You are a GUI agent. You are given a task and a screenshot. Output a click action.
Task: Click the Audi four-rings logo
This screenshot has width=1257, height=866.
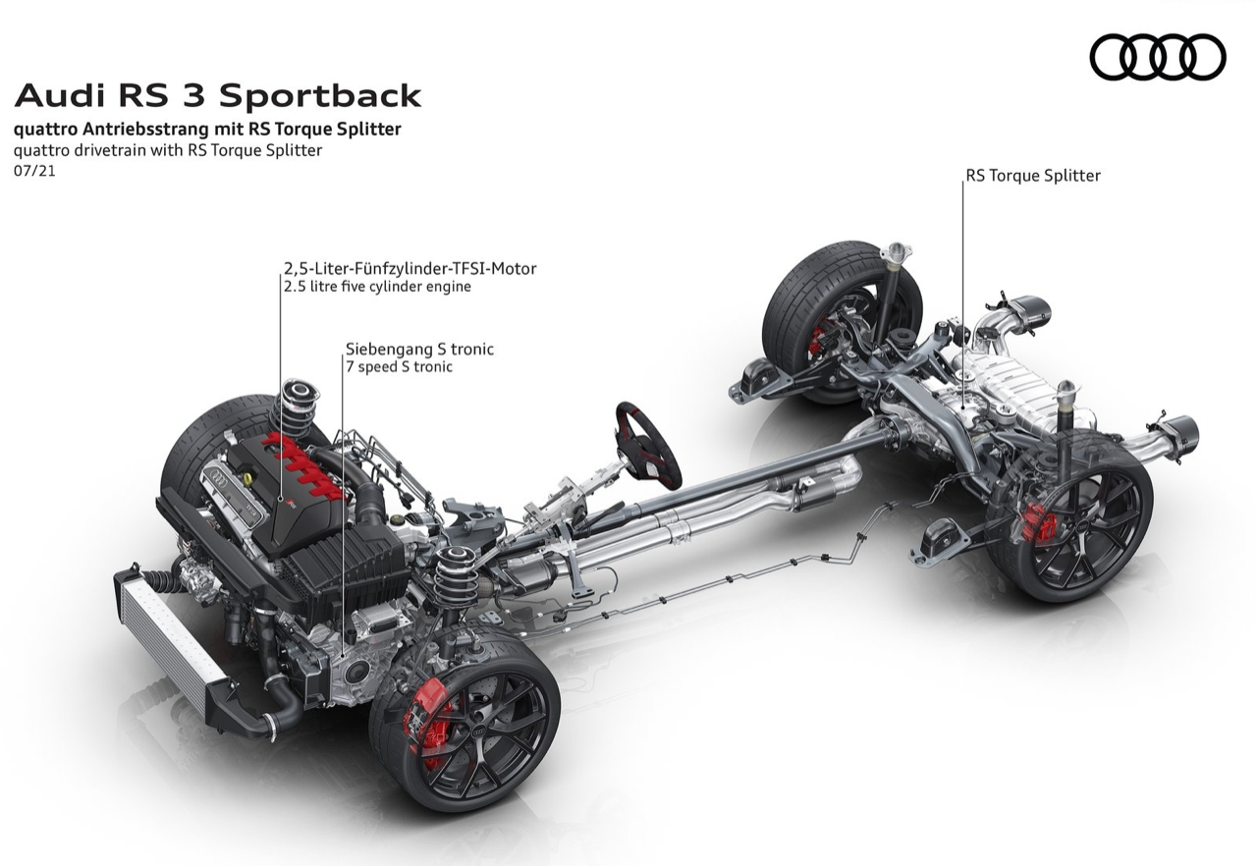1158,56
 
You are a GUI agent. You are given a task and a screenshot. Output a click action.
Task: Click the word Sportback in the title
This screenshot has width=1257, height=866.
319,96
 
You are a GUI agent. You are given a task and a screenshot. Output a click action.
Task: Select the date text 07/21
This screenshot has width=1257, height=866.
34,170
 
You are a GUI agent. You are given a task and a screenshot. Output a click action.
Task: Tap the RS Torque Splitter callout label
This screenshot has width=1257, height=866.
1032,176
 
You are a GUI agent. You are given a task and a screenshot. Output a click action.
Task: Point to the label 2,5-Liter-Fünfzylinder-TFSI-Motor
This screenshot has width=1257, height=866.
410,268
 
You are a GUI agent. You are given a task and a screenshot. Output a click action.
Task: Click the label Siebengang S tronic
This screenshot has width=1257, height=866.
419,349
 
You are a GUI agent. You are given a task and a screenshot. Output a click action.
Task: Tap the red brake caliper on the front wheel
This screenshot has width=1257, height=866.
431,721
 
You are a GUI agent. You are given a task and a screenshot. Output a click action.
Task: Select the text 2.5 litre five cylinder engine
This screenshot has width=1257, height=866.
377,287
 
